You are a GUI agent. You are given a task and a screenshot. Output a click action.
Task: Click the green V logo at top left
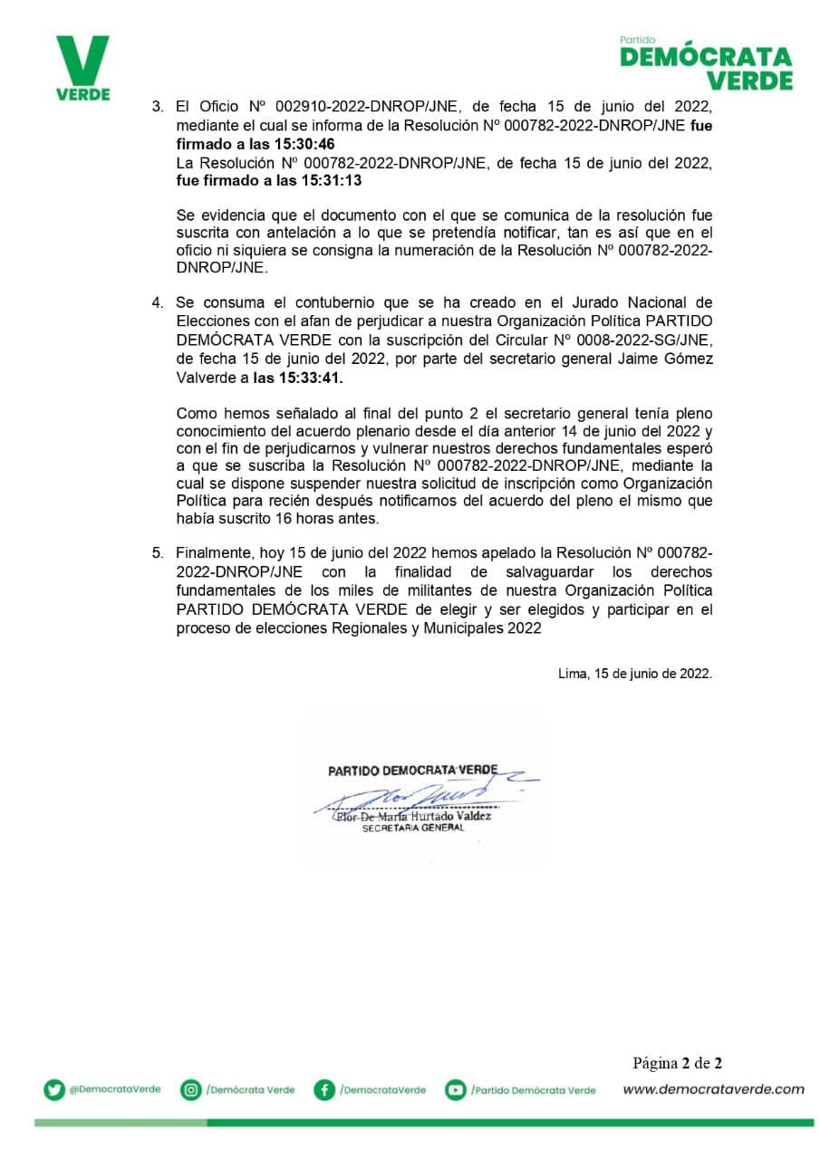pos(82,68)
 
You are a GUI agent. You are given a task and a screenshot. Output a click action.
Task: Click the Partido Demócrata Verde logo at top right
pos(706,64)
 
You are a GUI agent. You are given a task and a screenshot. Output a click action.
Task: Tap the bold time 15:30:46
pos(305,143)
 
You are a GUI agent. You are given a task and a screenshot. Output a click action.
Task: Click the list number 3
pos(157,107)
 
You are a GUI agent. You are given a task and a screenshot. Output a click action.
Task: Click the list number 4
pos(157,302)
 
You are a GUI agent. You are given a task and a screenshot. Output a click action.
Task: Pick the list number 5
pos(157,551)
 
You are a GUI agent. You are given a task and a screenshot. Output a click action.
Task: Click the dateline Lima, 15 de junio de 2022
pos(634,674)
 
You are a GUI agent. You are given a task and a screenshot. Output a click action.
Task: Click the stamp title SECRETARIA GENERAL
pos(412,828)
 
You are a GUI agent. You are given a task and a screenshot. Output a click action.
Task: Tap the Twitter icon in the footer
pos(54,1090)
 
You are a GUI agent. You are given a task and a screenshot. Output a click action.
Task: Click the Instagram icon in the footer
pos(190,1090)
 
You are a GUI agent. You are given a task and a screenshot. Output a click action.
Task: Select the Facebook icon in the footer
pos(324,1090)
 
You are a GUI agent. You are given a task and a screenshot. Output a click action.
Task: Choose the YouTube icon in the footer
pos(455,1090)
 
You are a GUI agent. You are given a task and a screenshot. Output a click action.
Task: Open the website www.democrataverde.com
pos(713,1089)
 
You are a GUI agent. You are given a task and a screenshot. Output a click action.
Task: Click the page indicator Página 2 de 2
pos(677,1063)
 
